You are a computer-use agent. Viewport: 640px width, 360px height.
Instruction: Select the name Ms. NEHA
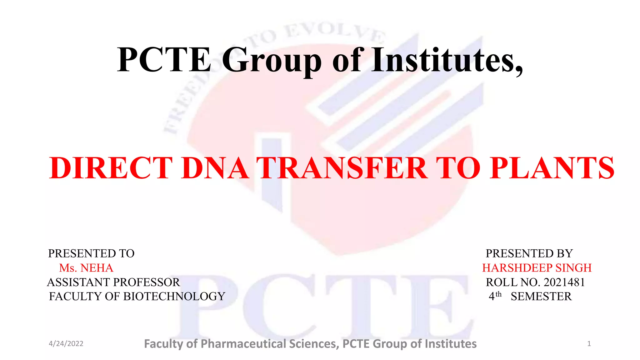click(86, 268)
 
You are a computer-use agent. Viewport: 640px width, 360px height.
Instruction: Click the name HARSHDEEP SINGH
click(537, 268)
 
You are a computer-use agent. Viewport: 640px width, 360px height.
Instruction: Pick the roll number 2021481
click(564, 282)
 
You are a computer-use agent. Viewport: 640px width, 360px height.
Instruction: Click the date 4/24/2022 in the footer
click(66, 344)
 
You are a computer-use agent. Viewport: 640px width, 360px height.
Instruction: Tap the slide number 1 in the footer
click(589, 344)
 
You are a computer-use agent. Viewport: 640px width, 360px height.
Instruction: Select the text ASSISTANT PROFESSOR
click(113, 282)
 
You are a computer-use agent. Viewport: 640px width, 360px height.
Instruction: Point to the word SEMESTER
click(541, 296)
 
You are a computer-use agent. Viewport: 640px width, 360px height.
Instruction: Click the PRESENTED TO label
click(91, 253)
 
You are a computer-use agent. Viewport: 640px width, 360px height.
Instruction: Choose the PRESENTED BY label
click(529, 253)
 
